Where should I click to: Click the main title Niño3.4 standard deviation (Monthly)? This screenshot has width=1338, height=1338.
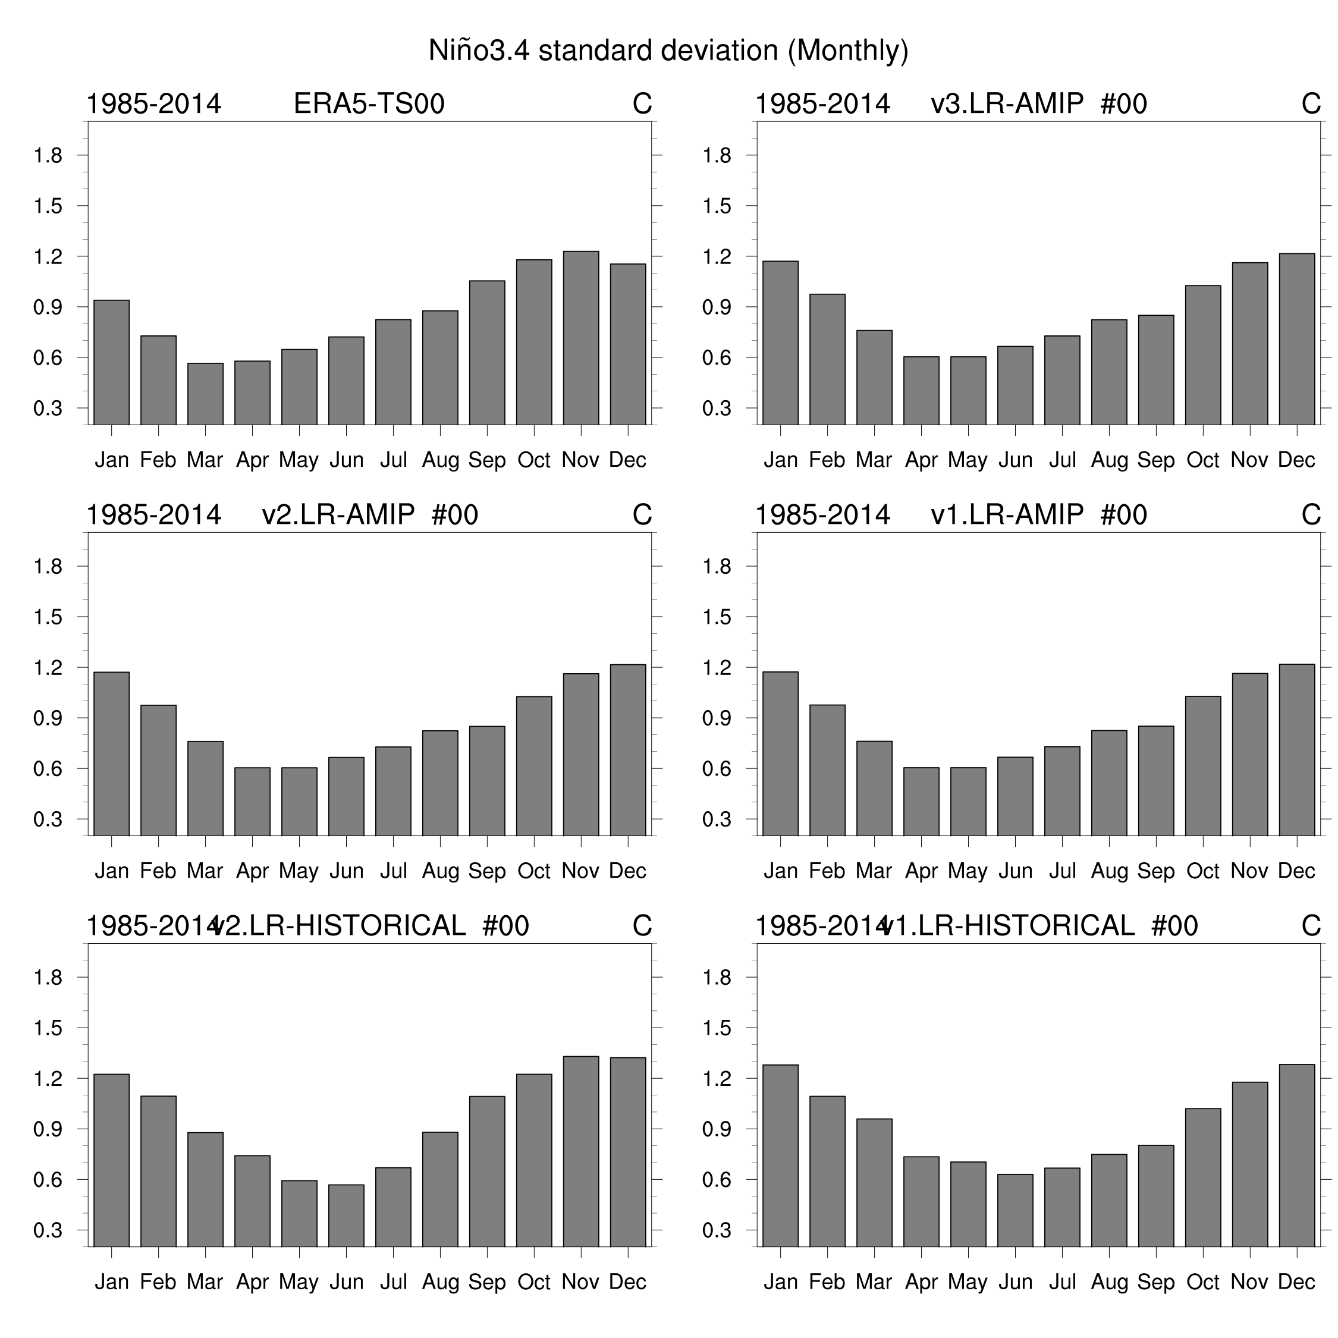pyautogui.click(x=668, y=51)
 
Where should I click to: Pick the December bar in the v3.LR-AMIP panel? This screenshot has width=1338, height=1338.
pyautogui.click(x=1296, y=340)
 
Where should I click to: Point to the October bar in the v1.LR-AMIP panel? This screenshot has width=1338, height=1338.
pyautogui.click(x=1203, y=766)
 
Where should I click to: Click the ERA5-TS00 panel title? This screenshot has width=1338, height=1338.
pyautogui.click(x=369, y=104)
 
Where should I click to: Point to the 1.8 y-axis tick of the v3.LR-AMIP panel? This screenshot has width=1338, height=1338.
pyautogui.click(x=717, y=155)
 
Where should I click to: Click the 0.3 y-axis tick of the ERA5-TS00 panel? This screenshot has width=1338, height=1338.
pyautogui.click(x=48, y=409)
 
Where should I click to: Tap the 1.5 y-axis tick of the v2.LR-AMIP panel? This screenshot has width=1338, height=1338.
pyautogui.click(x=48, y=617)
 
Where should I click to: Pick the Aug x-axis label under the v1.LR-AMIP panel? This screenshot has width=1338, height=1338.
pyautogui.click(x=1109, y=871)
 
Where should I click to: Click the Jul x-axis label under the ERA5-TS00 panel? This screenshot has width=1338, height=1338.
pyautogui.click(x=393, y=460)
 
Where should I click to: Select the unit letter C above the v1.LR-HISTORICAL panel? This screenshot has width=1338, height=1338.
pyautogui.click(x=1311, y=926)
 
